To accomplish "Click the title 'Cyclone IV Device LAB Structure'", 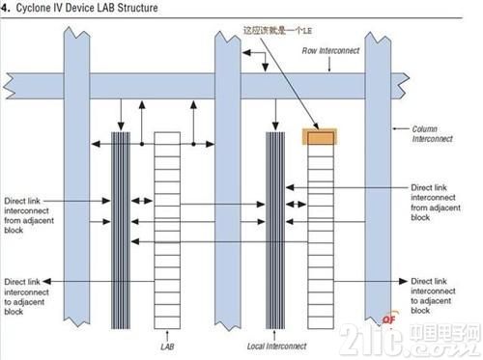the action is [87, 8].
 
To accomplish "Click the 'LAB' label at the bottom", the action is [166, 344].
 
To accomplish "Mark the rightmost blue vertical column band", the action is [376, 193].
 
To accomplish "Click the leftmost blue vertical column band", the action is [76, 193].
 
